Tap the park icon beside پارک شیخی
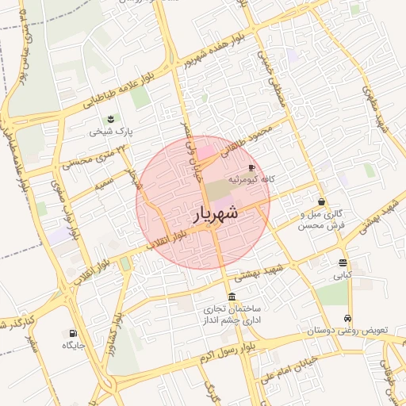tap(105, 119)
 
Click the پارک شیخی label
tap(107, 131)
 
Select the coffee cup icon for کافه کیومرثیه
tap(252, 168)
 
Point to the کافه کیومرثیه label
tap(252, 180)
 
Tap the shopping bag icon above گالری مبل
tap(321, 202)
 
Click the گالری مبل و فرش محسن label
tap(321, 220)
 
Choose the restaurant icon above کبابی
tap(343, 263)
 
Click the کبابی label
tap(342, 276)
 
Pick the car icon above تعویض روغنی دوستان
tap(347, 318)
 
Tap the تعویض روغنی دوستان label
tap(341, 330)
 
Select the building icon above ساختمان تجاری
tap(232, 297)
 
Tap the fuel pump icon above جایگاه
tap(74, 334)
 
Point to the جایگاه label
tap(74, 347)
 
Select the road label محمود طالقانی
tap(253, 139)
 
